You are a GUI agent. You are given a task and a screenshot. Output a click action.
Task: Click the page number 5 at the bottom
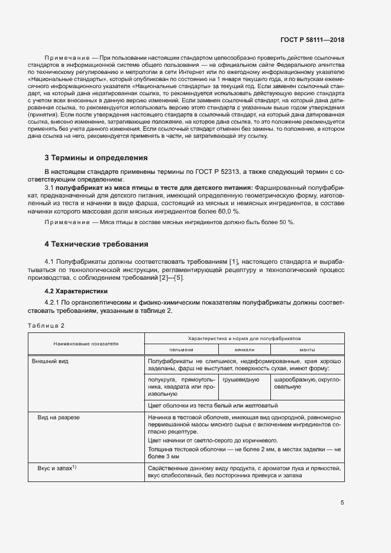(x=342, y=503)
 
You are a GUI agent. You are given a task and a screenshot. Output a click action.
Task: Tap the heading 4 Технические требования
(x=96, y=244)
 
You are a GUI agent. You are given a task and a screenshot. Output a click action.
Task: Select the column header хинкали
(x=243, y=350)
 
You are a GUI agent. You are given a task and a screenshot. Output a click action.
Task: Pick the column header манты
(x=307, y=350)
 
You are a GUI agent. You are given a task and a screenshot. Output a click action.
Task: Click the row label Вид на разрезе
(x=58, y=418)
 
